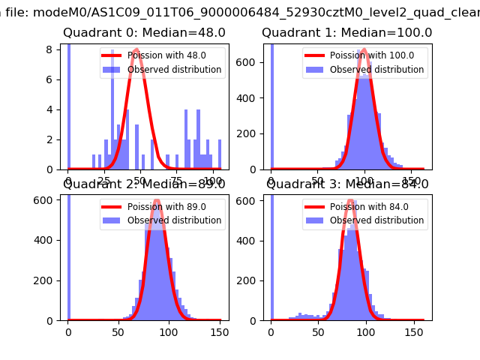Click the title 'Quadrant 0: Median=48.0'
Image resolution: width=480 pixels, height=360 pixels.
pos(144,33)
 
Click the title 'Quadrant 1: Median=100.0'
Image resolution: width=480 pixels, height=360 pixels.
pos(346,33)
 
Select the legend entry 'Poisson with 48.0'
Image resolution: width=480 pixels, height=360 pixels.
pos(166,55)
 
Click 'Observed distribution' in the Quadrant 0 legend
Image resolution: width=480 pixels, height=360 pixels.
pos(174,70)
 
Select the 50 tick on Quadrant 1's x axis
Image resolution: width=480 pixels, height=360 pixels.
pos(318,181)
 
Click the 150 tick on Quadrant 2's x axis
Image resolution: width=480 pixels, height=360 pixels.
pos(219,331)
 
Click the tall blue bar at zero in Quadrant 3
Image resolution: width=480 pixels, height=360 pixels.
pos(271,255)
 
